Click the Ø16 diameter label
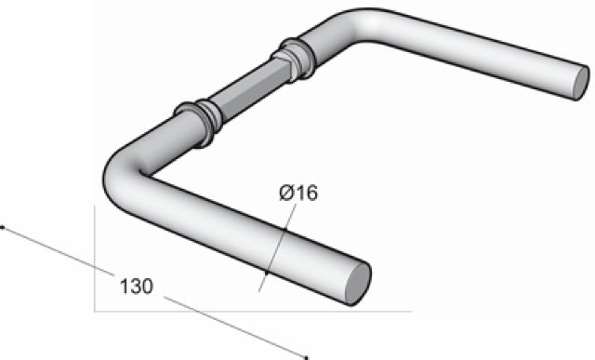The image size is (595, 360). pos(298,193)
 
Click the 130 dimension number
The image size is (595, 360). pos(137,287)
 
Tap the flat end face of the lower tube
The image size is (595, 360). pos(358,284)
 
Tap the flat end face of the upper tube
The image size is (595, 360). pos(580,83)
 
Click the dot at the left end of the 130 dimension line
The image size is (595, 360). pos(3,227)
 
